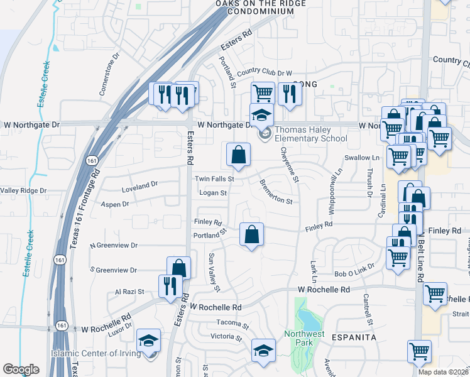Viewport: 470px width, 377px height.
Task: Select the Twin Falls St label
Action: click(x=214, y=179)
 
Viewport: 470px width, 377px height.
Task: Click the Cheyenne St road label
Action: click(x=288, y=163)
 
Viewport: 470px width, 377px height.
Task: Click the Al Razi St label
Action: click(x=129, y=292)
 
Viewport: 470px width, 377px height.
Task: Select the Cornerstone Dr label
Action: click(x=109, y=74)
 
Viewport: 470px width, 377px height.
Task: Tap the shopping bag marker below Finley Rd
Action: click(x=251, y=235)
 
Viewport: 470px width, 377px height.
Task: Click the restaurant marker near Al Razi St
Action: click(x=170, y=287)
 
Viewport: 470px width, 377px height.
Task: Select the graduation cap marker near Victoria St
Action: click(x=263, y=350)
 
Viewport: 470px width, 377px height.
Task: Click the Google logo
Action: click(x=21, y=369)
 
